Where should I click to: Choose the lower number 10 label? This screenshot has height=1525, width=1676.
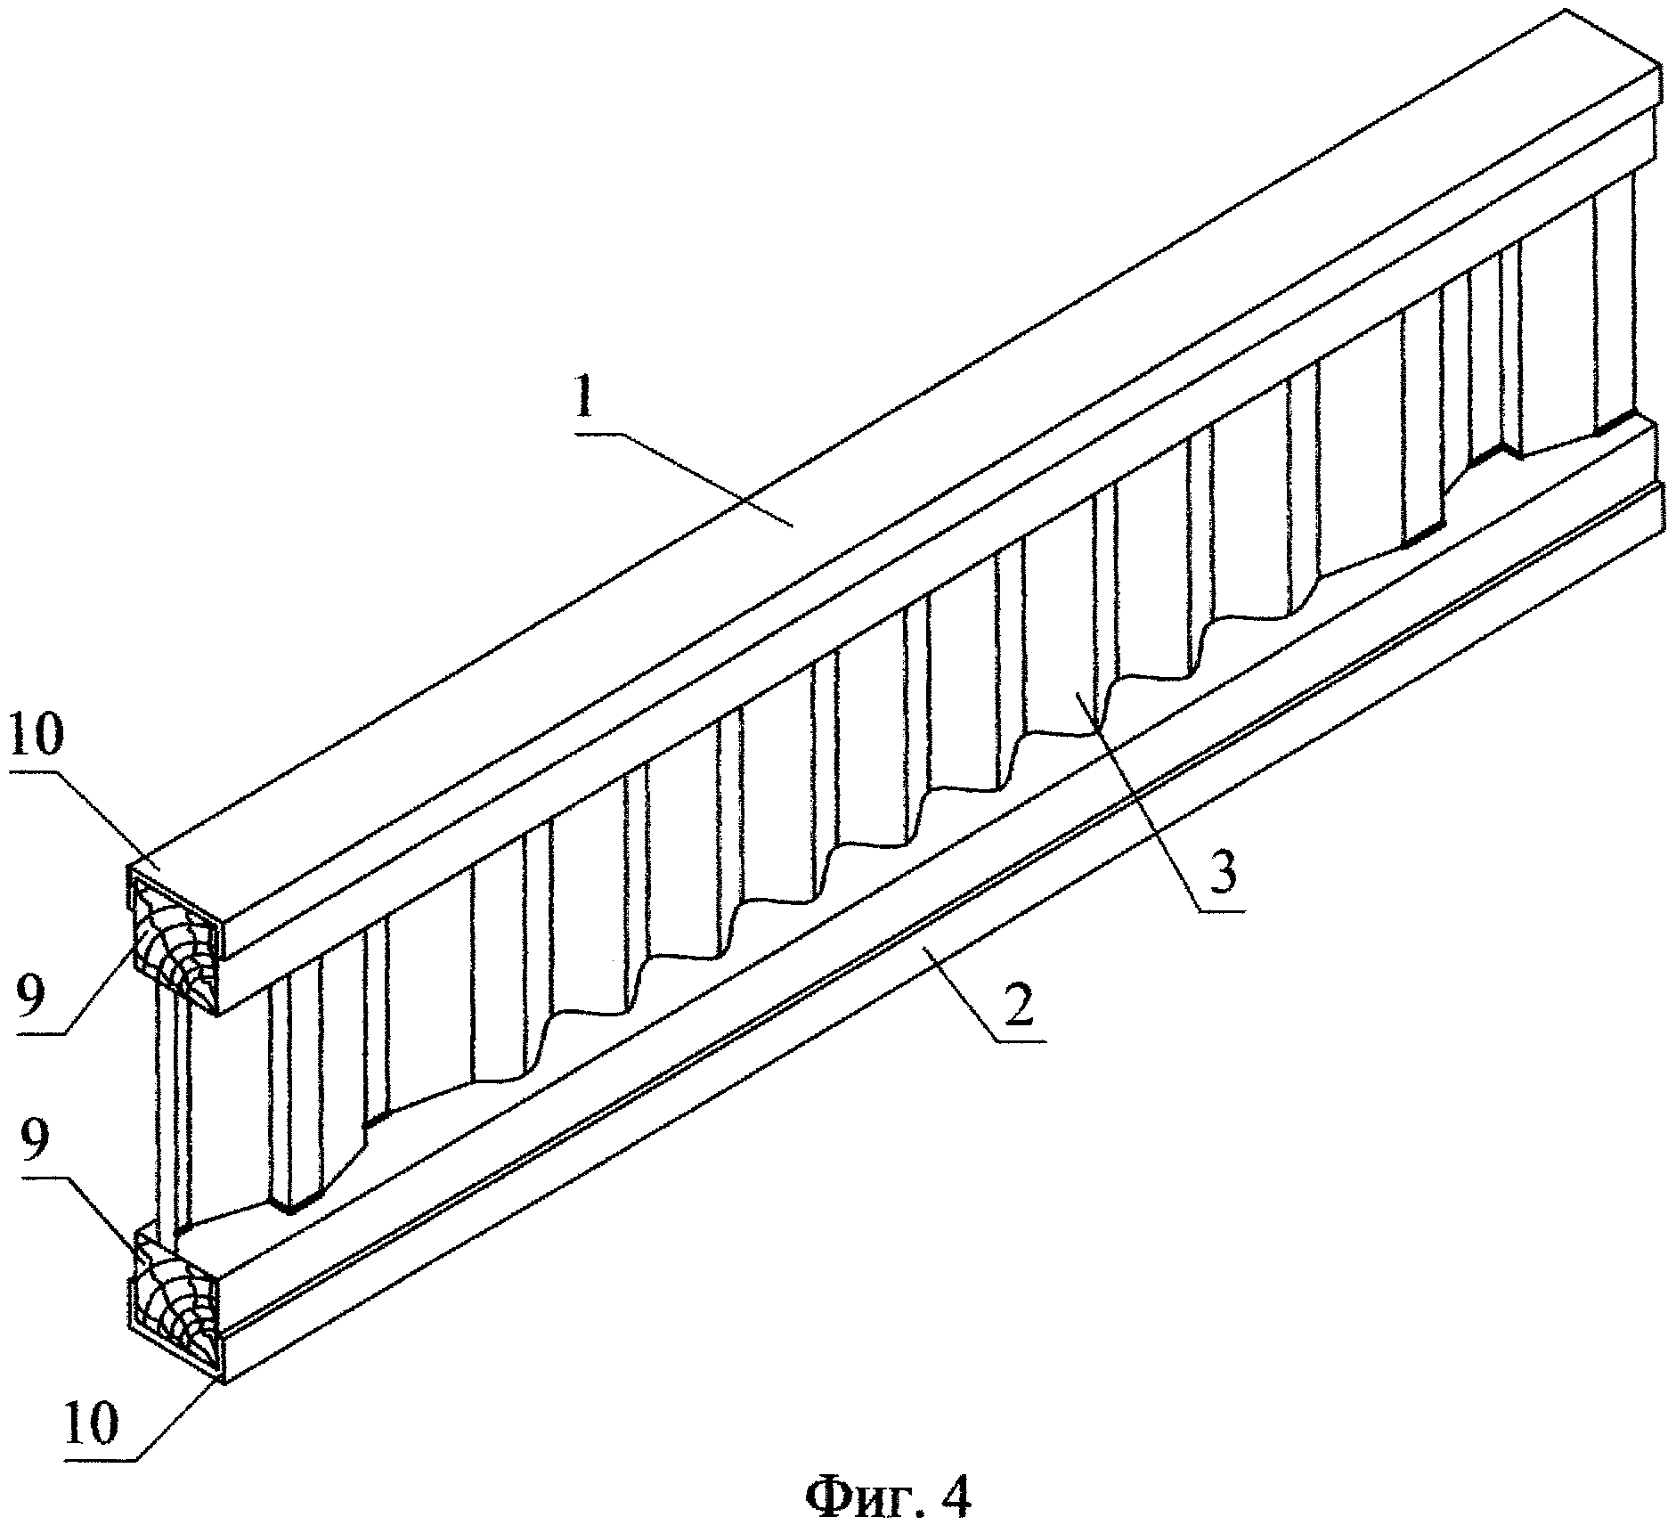click(92, 1427)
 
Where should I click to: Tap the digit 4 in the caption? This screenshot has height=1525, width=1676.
click(951, 1491)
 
